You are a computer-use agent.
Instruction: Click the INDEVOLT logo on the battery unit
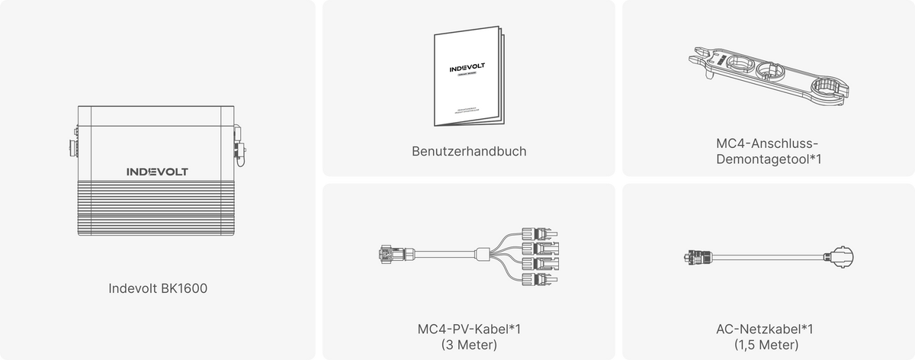tap(157, 172)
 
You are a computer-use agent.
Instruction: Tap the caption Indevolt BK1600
tap(157, 289)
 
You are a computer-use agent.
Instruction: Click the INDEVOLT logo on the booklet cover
tap(465, 69)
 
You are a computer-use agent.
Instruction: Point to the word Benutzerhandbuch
tap(468, 151)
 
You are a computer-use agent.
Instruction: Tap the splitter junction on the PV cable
tap(483, 253)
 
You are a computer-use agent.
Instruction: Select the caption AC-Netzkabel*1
tap(767, 329)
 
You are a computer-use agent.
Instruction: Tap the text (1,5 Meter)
tap(767, 345)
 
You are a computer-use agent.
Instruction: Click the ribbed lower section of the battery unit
tap(157, 209)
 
